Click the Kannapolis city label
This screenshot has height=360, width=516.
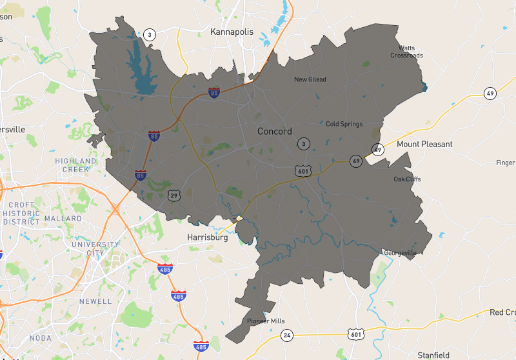coord(232,32)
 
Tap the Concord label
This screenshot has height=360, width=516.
coord(275,131)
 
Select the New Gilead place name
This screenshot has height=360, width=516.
coord(310,79)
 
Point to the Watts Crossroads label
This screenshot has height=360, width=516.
coord(406,52)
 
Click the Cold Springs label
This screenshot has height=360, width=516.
coord(344,124)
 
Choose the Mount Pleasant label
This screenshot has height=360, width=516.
coord(424,144)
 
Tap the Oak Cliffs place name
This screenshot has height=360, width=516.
coord(407,179)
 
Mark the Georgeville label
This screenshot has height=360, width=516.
coord(401,253)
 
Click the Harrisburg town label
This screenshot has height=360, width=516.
coord(208,237)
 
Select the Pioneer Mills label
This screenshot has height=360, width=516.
coord(266,321)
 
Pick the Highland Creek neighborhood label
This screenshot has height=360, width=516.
coord(75,165)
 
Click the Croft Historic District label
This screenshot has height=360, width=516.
coord(22,214)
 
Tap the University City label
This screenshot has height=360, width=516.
coord(95,248)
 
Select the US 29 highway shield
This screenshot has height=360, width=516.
coord(173,194)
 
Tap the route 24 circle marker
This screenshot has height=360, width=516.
coord(287,335)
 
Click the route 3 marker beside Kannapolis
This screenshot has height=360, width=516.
coord(150,35)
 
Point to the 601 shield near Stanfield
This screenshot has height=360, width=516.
coord(355,334)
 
